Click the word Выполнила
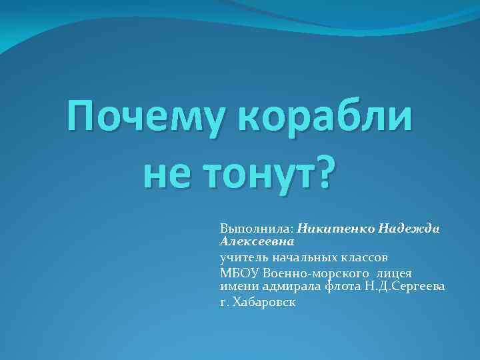pos(257,227)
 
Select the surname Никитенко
pos(335,227)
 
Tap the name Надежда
pos(409,227)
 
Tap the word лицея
pos(394,273)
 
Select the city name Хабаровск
pos(265,302)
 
